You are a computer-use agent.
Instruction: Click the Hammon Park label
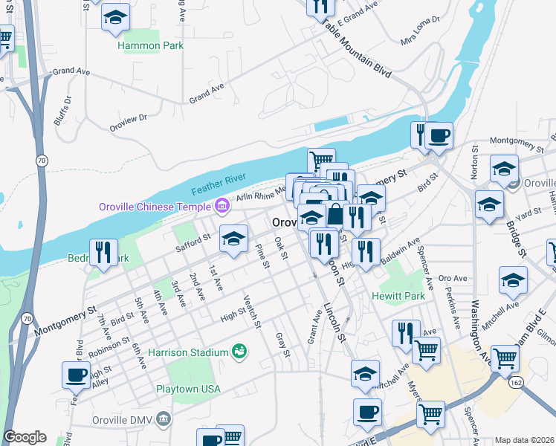click(x=151, y=45)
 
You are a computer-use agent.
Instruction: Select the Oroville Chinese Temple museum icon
click(x=221, y=205)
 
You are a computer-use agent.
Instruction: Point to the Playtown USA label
click(x=189, y=389)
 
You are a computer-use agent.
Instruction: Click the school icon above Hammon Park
click(x=115, y=18)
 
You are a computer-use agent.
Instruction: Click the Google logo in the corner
click(x=25, y=437)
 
